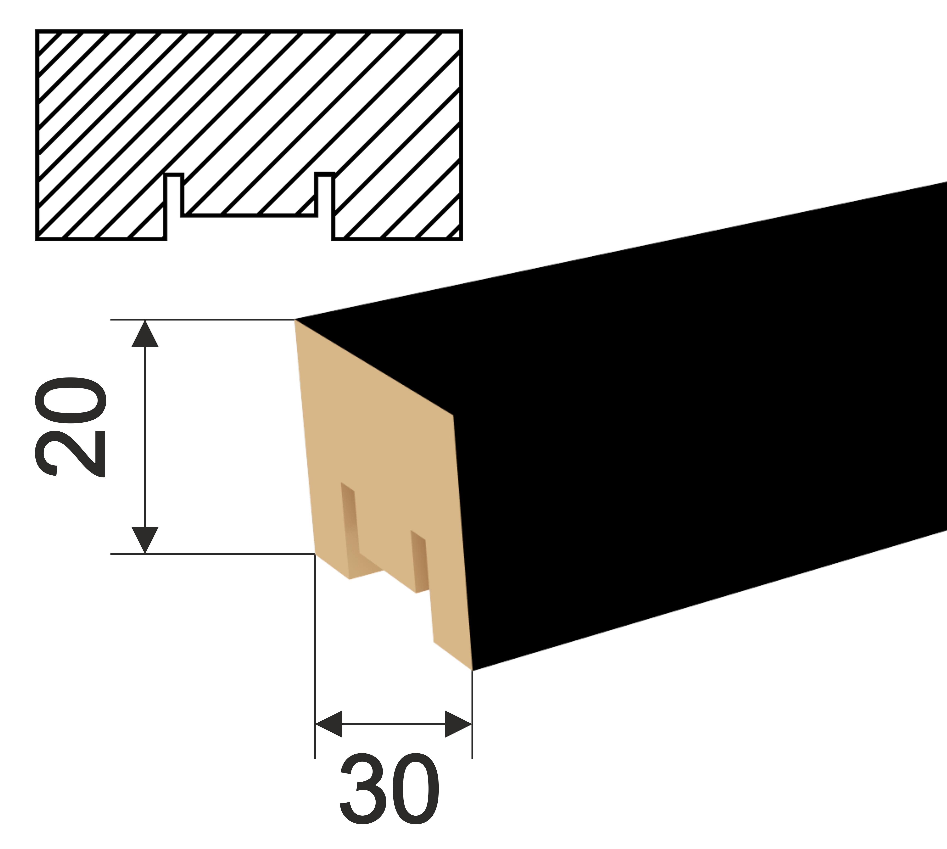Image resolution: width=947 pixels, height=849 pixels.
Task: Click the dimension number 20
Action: point(70,427)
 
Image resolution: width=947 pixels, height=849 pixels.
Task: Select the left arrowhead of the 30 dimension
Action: point(329,724)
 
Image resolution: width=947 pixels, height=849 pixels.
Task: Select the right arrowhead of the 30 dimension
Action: point(458,724)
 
